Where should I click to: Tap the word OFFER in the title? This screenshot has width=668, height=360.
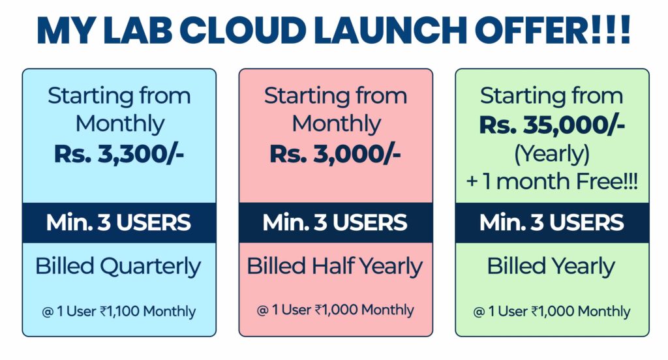[531, 31]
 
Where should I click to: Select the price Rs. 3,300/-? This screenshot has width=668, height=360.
[119, 154]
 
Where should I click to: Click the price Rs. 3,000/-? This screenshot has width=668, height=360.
[335, 154]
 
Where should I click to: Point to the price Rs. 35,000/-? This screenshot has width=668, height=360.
[552, 125]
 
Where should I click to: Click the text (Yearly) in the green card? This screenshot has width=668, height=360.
[552, 154]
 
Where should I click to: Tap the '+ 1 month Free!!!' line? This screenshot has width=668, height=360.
[552, 181]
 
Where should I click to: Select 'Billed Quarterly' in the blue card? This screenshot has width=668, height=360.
[118, 267]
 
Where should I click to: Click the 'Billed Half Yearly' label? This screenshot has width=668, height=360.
[335, 267]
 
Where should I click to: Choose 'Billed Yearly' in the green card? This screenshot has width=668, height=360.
[551, 267]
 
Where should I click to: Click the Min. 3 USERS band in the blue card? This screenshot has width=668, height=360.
[119, 223]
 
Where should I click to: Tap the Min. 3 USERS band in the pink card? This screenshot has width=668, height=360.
[335, 223]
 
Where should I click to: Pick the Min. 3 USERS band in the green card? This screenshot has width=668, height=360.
[552, 223]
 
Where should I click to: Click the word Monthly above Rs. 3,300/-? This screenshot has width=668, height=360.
[120, 125]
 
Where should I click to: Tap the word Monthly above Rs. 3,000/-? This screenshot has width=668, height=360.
[336, 125]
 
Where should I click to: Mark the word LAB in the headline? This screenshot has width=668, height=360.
[138, 31]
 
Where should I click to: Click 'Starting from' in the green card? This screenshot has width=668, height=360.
[552, 95]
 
